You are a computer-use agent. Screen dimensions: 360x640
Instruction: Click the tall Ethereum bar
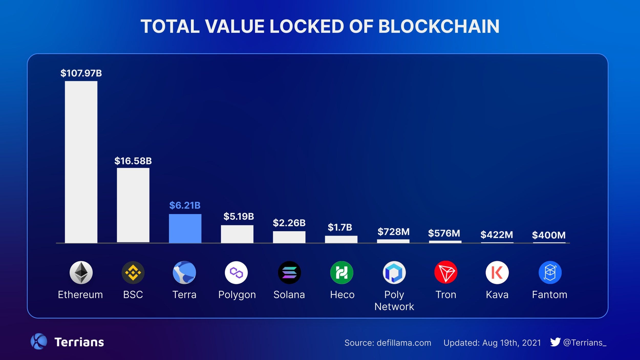[81, 162]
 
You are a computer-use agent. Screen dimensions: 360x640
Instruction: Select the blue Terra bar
[185, 228]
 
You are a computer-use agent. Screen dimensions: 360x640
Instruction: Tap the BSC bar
[133, 205]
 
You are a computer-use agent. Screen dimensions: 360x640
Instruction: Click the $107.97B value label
[81, 73]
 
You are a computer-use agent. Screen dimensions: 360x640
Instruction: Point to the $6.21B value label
[185, 205]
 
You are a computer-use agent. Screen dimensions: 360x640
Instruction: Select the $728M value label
[393, 232]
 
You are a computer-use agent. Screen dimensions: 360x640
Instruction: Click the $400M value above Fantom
[549, 235]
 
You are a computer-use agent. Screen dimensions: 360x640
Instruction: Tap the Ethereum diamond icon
[81, 272]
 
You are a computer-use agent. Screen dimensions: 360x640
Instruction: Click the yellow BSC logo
[133, 272]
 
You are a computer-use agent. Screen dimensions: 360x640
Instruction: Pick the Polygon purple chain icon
[236, 272]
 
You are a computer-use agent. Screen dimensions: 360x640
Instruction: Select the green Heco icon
[342, 272]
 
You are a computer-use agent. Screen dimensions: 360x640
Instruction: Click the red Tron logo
[446, 272]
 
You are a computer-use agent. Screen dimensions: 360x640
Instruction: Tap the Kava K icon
[497, 272]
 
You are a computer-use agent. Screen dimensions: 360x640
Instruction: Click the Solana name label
[289, 295]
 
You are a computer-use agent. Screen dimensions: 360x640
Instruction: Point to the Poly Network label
[394, 301]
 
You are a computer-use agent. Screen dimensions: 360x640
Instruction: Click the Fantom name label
[549, 295]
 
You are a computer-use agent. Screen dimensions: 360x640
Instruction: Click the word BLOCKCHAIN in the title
[439, 26]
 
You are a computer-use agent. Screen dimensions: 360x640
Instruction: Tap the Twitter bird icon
[555, 342]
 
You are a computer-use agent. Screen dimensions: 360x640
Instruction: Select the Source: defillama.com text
[388, 343]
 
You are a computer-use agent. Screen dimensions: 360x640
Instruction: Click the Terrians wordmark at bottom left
[79, 342]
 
